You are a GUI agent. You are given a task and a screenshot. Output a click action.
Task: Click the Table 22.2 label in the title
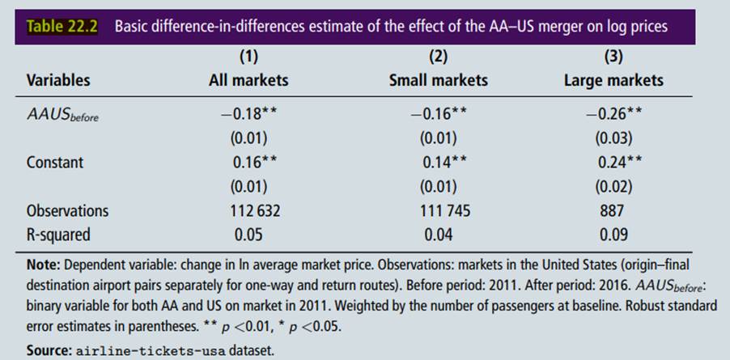62,25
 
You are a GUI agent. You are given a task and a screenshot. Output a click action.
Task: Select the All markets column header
248,79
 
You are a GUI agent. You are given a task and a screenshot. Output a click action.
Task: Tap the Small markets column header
438,79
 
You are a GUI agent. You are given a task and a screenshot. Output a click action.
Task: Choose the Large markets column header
613,79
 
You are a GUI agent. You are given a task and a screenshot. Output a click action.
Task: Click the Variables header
58,79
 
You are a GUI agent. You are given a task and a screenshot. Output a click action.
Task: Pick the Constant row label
54,162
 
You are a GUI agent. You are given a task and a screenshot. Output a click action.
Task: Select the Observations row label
67,210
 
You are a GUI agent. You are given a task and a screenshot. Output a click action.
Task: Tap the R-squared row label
58,235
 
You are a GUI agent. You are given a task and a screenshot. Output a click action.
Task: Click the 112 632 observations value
248,210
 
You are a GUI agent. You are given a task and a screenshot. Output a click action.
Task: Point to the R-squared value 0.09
613,235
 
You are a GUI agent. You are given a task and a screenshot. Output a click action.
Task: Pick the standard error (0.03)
613,138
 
